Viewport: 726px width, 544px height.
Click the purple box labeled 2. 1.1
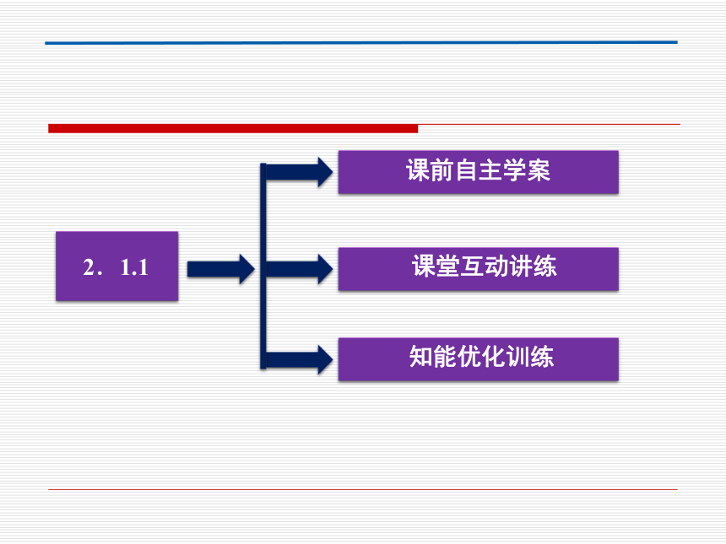117,266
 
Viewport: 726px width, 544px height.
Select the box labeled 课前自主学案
479,172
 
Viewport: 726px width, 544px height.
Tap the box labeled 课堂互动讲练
479,269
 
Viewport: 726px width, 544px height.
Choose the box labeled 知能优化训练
479,359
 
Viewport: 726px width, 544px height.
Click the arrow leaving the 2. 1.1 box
221,269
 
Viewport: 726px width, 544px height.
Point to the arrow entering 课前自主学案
300,172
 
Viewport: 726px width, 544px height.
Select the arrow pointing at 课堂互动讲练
300,269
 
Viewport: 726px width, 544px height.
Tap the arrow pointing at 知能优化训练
300,359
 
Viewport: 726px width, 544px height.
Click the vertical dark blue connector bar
263,266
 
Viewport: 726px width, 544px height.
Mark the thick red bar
233,128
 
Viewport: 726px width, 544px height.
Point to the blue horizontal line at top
361,42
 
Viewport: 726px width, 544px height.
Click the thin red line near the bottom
362,489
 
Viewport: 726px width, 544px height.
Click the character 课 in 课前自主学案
418,170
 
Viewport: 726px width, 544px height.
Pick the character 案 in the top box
539,170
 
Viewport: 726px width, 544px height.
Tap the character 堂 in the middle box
447,267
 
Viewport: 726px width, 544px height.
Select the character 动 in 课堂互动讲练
496,267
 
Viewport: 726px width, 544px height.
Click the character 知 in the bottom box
421,357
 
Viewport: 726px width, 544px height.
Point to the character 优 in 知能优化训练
469,357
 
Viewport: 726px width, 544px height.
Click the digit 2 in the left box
89,267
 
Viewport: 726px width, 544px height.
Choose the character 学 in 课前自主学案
514,170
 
